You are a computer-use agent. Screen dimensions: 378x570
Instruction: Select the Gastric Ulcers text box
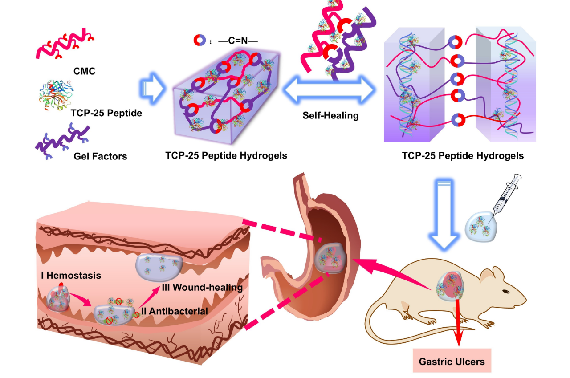point(451,361)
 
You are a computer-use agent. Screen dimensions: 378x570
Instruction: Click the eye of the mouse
point(506,292)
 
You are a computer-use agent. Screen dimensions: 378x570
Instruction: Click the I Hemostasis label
point(71,276)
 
